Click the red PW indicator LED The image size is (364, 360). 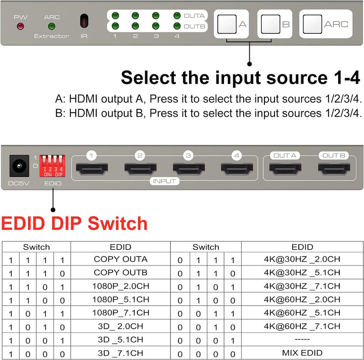21,26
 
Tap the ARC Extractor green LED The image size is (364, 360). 51,26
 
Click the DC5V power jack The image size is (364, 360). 19,166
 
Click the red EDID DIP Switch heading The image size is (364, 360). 74,223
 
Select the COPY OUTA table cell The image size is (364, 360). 120,260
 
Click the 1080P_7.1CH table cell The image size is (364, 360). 120,313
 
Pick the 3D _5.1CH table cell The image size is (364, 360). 120,339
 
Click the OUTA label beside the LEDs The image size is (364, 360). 194,16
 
